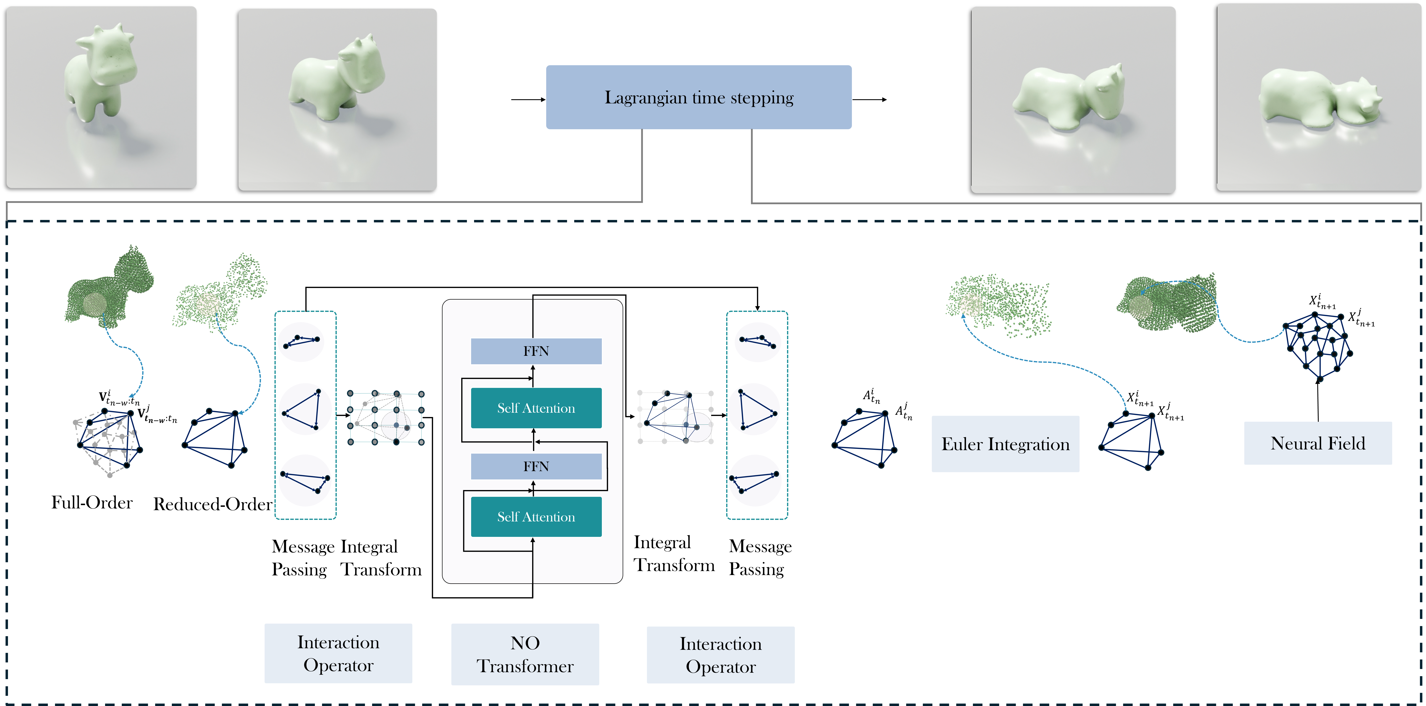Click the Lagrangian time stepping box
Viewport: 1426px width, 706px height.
(x=699, y=97)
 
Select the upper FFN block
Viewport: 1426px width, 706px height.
(x=536, y=351)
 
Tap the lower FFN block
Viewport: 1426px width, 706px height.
(x=536, y=466)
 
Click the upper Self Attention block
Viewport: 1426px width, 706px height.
(x=536, y=408)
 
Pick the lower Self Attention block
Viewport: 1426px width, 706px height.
(x=536, y=517)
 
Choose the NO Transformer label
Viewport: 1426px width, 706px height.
(x=525, y=654)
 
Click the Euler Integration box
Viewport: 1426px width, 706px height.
(x=1005, y=444)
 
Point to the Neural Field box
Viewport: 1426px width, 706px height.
(x=1317, y=443)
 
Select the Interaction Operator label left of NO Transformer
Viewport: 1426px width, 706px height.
(x=338, y=653)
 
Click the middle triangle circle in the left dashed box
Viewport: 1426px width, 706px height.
(x=305, y=409)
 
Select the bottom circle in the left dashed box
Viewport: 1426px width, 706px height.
(x=305, y=480)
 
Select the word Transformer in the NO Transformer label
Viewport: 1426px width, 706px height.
(x=525, y=666)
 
